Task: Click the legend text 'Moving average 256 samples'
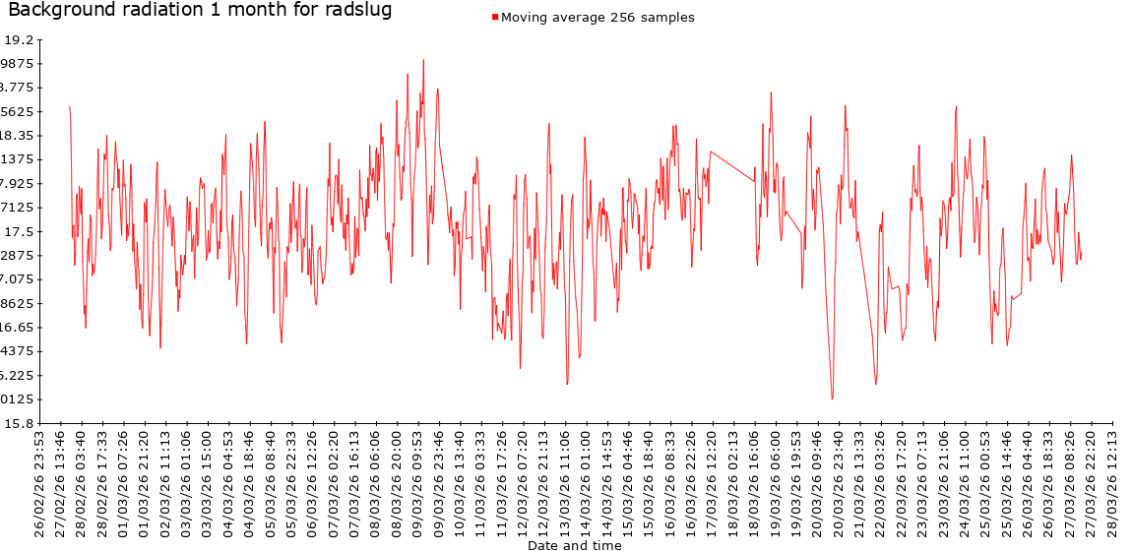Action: pos(597,18)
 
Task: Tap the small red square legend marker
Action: pos(495,18)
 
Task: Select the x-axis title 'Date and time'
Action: pos(574,545)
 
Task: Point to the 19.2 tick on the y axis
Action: pos(19,40)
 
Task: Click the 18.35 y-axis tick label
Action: pos(19,136)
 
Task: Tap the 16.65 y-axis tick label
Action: pos(19,327)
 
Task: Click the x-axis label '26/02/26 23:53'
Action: pos(39,481)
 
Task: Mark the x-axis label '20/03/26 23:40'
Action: pos(839,481)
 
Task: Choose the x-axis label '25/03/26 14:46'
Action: pos(1007,481)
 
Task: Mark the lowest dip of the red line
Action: pos(832,398)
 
